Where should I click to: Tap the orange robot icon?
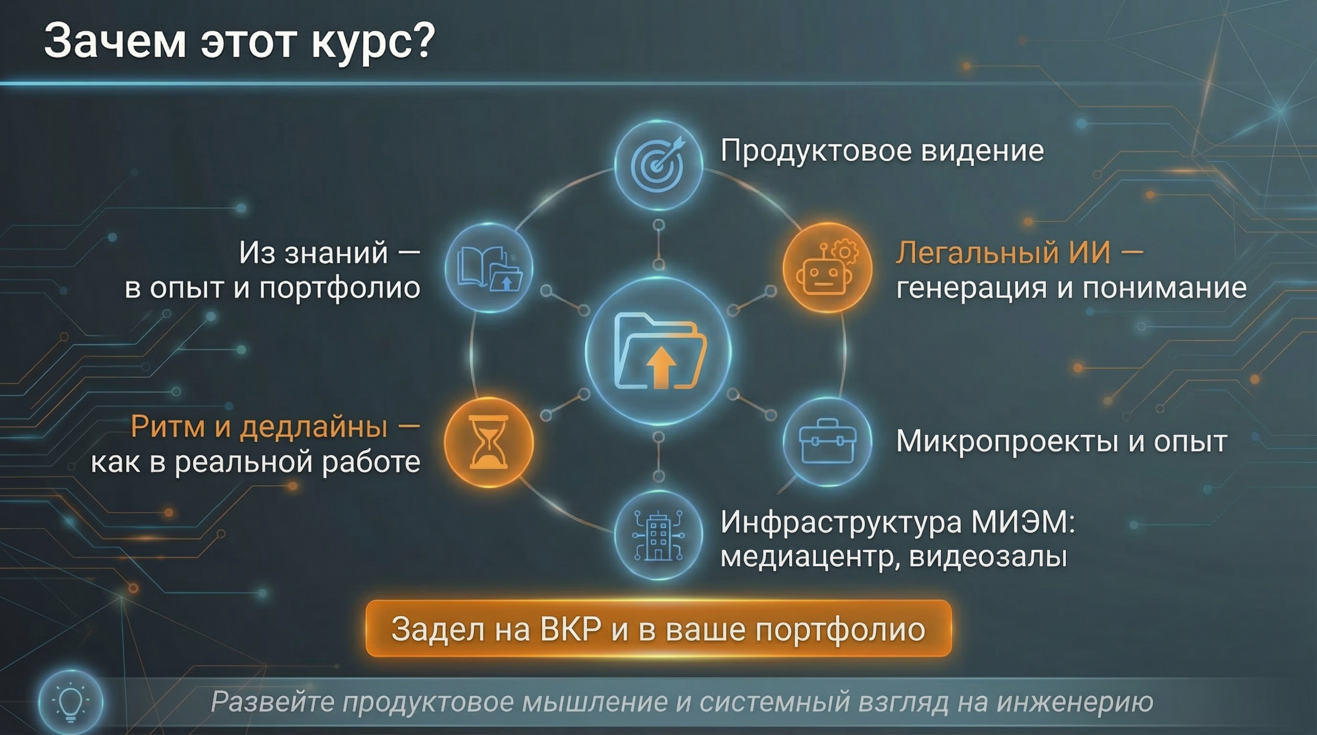pyautogui.click(x=826, y=268)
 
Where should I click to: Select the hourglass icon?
pyautogui.click(x=488, y=442)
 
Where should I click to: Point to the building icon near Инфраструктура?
pyautogui.click(x=658, y=535)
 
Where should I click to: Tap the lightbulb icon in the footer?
pyautogui.click(x=70, y=702)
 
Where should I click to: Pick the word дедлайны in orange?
pyautogui.click(x=313, y=427)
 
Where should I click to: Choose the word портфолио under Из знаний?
pyautogui.click(x=339, y=288)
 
